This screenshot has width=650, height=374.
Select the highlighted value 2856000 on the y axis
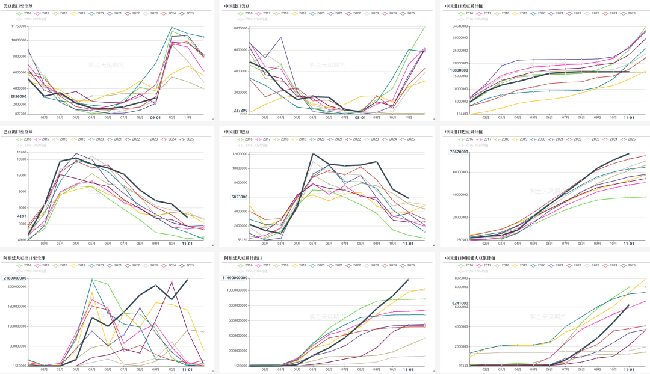(x=18, y=96)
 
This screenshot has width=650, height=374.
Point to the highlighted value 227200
(x=240, y=110)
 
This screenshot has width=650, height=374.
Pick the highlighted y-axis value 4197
(x=22, y=216)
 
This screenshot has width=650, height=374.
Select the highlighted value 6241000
(x=460, y=304)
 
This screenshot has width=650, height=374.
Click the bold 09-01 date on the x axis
(x=156, y=118)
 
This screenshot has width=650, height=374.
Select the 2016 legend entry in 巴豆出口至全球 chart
(x=25, y=138)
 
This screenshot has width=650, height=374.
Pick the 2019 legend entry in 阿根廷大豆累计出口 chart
(x=299, y=265)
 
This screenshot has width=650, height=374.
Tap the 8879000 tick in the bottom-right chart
(x=461, y=278)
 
